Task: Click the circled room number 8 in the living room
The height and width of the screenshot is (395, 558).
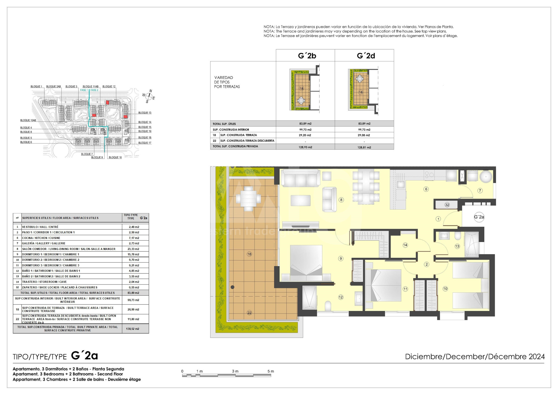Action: coord(341,200)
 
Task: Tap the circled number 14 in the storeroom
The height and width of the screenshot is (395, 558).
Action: coord(405,245)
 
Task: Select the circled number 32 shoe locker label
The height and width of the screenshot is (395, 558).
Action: coord(447,205)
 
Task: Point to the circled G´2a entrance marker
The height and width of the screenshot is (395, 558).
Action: coord(479,217)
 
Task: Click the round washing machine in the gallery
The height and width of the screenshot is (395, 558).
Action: coord(486,177)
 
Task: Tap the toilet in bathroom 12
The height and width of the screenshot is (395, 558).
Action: coord(328,306)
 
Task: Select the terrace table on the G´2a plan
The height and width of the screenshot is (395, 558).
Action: coord(248,199)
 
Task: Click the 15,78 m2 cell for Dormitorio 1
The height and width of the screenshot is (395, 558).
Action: coord(134,254)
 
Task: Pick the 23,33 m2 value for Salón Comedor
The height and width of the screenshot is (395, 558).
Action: coord(134,249)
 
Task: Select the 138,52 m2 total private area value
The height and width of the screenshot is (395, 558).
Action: coord(133,329)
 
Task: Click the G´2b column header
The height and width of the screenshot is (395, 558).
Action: coord(307,56)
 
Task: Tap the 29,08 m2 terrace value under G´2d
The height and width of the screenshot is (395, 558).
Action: coord(364,135)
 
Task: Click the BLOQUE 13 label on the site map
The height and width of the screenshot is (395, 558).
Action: coord(145,113)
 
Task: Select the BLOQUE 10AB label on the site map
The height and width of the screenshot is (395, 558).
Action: coord(28,120)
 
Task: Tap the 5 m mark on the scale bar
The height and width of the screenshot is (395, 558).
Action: coord(271,371)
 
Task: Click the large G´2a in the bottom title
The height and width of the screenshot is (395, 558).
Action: coord(84,356)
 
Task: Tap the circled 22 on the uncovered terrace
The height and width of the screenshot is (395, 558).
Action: coord(249,313)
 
